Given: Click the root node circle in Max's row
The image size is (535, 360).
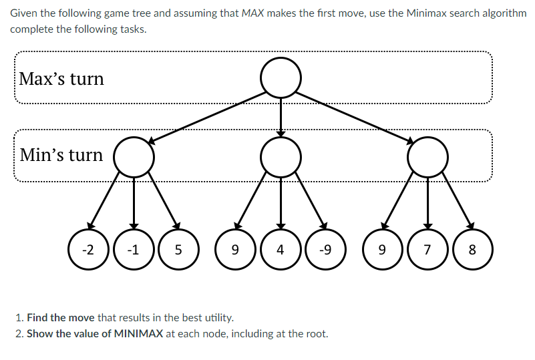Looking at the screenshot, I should (x=281, y=78).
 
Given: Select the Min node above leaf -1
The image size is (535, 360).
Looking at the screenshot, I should (x=134, y=158).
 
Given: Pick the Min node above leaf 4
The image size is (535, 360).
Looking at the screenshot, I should (x=281, y=158).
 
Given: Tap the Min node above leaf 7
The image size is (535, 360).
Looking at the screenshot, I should (x=427, y=158).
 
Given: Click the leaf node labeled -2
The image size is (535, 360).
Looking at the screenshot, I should (x=87, y=250).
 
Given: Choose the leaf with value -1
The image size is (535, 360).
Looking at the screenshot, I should (x=134, y=250).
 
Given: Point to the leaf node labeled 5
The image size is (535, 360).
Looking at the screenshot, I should (x=178, y=250).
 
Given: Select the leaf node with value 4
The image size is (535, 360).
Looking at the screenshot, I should (x=281, y=250).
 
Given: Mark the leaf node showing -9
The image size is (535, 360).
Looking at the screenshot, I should (x=325, y=250).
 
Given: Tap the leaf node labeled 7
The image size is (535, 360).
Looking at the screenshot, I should (x=428, y=250).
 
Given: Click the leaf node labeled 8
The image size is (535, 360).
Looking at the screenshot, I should (x=472, y=250).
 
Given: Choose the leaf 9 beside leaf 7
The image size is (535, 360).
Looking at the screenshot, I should (x=381, y=250).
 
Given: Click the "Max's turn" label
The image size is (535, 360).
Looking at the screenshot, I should (x=61, y=79).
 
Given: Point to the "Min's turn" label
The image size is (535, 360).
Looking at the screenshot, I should (x=61, y=155).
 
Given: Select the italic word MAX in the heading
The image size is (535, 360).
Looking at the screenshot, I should (x=252, y=14).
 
